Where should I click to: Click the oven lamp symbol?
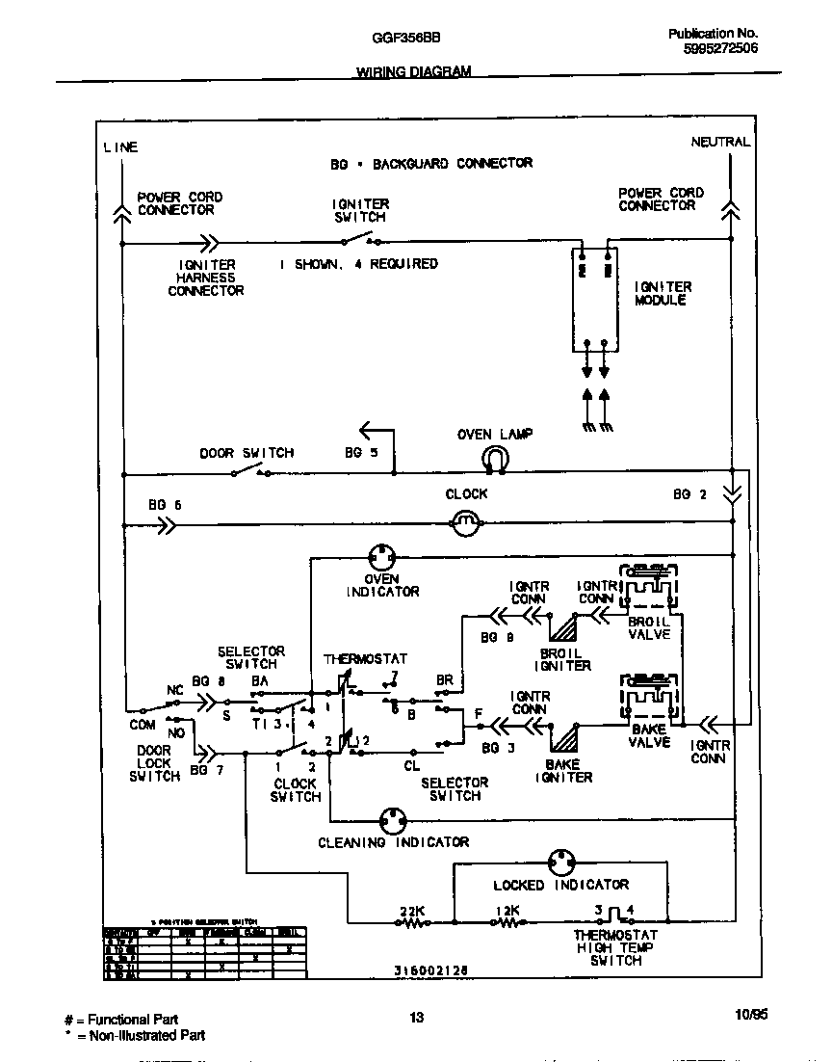pyautogui.click(x=495, y=459)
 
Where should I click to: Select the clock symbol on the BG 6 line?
pyautogui.click(x=466, y=525)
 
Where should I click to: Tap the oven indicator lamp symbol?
pyautogui.click(x=382, y=557)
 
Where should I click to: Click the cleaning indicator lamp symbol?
pyautogui.click(x=393, y=821)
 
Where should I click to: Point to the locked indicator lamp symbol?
pyautogui.click(x=560, y=863)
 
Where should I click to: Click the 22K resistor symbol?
pyautogui.click(x=414, y=922)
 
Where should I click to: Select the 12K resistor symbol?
pyautogui.click(x=507, y=922)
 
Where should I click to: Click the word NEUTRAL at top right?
pyautogui.click(x=719, y=142)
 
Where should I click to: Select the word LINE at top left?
pyautogui.click(x=120, y=147)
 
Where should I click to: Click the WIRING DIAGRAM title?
pyautogui.click(x=414, y=72)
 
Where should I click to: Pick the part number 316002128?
pyautogui.click(x=430, y=971)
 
